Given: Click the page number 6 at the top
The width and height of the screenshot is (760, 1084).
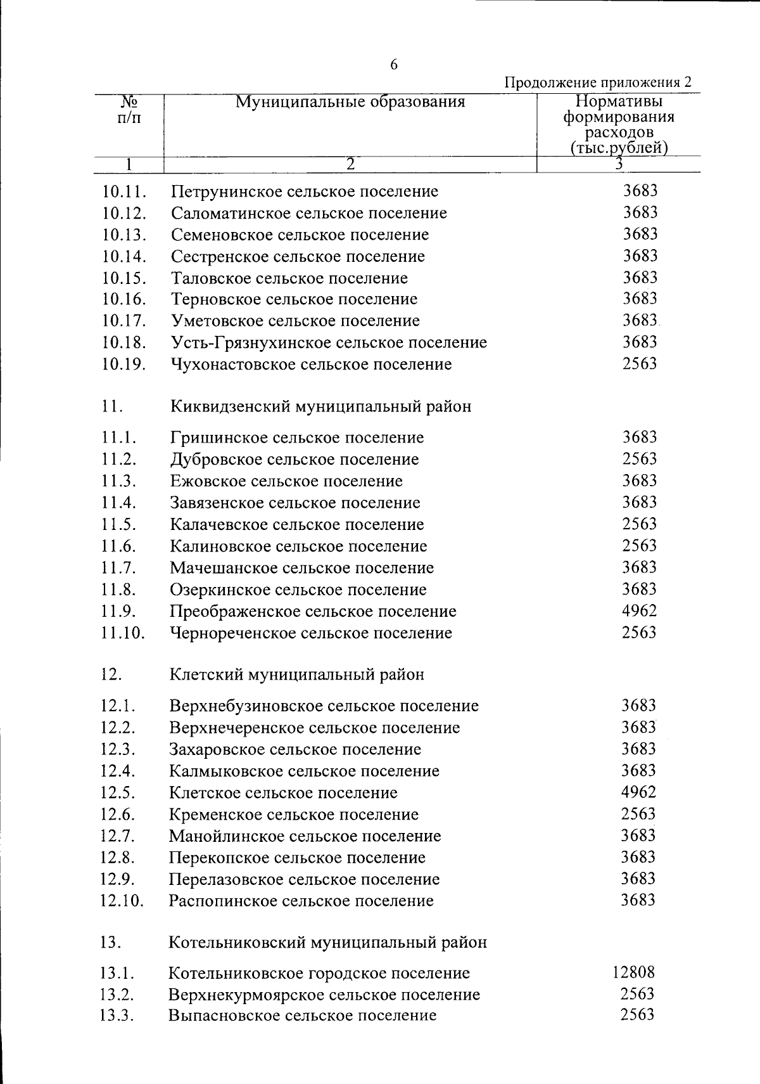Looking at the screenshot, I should pos(394,65).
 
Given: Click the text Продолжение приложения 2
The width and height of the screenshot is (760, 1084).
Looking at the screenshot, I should pos(597,83).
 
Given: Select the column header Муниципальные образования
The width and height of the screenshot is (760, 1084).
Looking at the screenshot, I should pos(350,102).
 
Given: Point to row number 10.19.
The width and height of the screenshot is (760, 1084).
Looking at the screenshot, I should pos(124,365).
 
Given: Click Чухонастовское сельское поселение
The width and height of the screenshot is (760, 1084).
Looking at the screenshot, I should pos(311,365).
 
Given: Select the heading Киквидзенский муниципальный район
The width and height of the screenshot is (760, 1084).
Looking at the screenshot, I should pos(320,406).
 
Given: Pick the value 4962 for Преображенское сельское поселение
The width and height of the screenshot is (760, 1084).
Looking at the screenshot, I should pos(639,611).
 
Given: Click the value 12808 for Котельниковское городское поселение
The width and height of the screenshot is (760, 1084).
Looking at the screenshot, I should pos(633,972).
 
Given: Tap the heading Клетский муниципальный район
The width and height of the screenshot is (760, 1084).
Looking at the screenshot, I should pos(296,674).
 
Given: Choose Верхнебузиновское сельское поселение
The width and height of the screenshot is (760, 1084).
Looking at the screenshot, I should pos(324,706).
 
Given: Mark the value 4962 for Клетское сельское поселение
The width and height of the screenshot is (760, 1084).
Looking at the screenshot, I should pos(638,792).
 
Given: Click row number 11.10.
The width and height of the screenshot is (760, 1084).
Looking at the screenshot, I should pos(123,633).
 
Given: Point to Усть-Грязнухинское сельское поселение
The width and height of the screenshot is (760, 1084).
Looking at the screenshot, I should pos(329,343).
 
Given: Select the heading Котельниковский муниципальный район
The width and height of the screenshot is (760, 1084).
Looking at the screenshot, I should pos(327,943).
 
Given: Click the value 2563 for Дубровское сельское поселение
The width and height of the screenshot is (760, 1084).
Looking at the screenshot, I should pos(640,459).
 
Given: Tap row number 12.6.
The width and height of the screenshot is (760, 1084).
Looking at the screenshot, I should pos(118,815).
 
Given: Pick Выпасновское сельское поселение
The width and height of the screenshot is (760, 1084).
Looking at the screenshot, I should pos(302,1016).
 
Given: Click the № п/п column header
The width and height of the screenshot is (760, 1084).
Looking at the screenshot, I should pos(129,110).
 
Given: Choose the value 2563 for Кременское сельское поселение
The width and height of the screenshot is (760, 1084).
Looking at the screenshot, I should pos(638,814).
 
